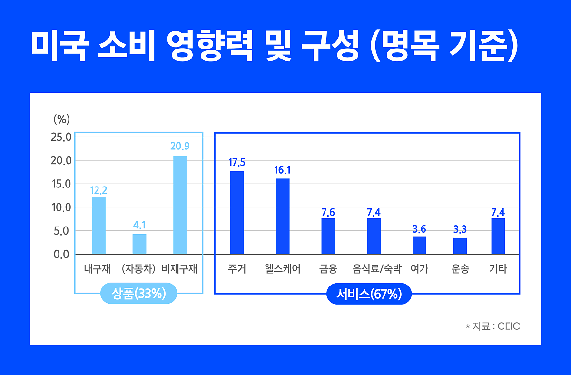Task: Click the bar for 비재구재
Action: (x=180, y=205)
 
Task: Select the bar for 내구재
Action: (x=98, y=225)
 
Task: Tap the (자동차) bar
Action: (x=139, y=244)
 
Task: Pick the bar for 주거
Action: (x=237, y=213)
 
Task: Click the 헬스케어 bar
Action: (x=283, y=216)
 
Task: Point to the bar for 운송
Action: (x=460, y=246)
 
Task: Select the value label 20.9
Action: (x=180, y=147)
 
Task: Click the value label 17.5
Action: (x=237, y=163)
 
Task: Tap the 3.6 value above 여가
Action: (x=419, y=229)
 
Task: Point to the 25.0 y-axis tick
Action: (x=61, y=137)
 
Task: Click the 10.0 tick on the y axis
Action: (x=61, y=207)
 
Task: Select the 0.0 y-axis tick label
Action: (x=61, y=255)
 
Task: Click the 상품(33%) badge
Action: (x=138, y=294)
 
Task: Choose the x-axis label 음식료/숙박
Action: (x=377, y=269)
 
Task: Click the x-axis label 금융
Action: (x=328, y=269)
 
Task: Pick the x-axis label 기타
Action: (x=498, y=269)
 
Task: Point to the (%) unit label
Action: (x=62, y=118)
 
